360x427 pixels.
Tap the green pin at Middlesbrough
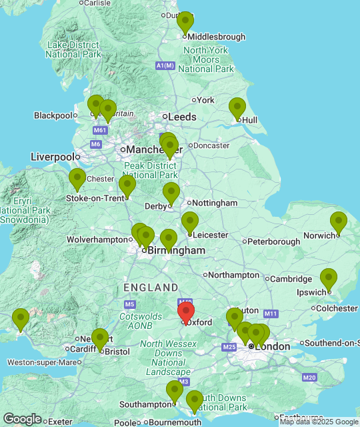pos(185,23)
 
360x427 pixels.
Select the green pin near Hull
pos(237,108)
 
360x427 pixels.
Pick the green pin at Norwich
pos(339,223)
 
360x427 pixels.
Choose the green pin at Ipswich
pos(329,280)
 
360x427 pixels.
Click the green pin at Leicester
pos(190,223)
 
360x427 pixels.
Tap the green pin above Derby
pos(171,193)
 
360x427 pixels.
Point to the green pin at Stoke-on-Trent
pos(127,186)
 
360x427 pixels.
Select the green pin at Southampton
pos(175,392)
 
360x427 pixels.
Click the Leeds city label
pos(182,117)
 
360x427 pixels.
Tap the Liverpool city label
pos(51,157)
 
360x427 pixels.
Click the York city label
pos(205,100)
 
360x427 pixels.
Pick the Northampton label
pos(233,275)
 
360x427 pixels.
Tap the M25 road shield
pos(230,347)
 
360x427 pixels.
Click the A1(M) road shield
pos(165,65)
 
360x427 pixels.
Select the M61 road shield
pos(100,130)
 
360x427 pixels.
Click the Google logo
pos(22,419)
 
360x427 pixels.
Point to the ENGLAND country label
pos(151,288)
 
